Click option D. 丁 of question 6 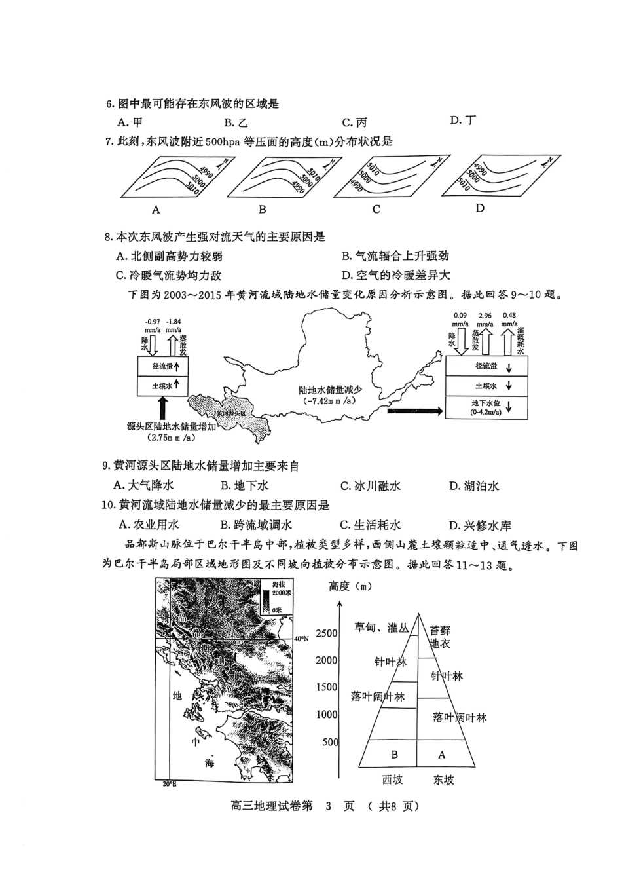pyautogui.click(x=463, y=121)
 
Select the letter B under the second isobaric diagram pyautogui.click(x=262, y=210)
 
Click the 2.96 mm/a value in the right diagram pyautogui.click(x=485, y=315)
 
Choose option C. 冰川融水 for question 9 pyautogui.click(x=371, y=486)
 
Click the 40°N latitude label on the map pyautogui.click(x=301, y=638)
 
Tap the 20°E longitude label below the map pyautogui.click(x=169, y=784)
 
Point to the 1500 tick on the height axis pyautogui.click(x=327, y=688)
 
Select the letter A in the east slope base pyautogui.click(x=442, y=755)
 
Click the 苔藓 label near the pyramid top pyautogui.click(x=440, y=630)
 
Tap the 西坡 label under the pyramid pyautogui.click(x=392, y=779)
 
